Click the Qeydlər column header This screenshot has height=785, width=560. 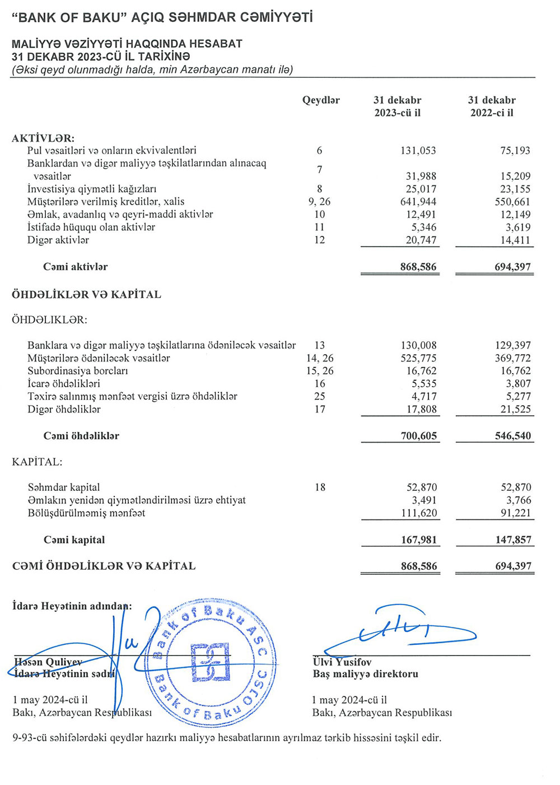click(321, 100)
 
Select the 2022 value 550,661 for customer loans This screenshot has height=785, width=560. click(512, 202)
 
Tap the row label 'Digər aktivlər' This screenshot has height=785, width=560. click(58, 240)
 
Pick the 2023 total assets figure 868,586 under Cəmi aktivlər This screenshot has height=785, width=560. click(418, 267)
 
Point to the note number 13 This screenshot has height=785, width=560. click(320, 346)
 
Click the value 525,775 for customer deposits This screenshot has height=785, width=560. click(418, 359)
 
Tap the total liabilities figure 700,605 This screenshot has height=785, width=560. click(418, 436)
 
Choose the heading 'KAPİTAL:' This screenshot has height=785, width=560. click(37, 462)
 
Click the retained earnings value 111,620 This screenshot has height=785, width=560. click(418, 513)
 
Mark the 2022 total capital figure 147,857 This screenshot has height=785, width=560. click(512, 540)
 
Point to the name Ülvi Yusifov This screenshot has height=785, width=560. click(342, 662)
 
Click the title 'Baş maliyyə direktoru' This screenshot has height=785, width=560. click(365, 674)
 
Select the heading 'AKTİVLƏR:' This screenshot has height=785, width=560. click(43, 138)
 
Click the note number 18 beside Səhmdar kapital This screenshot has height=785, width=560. click(320, 487)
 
